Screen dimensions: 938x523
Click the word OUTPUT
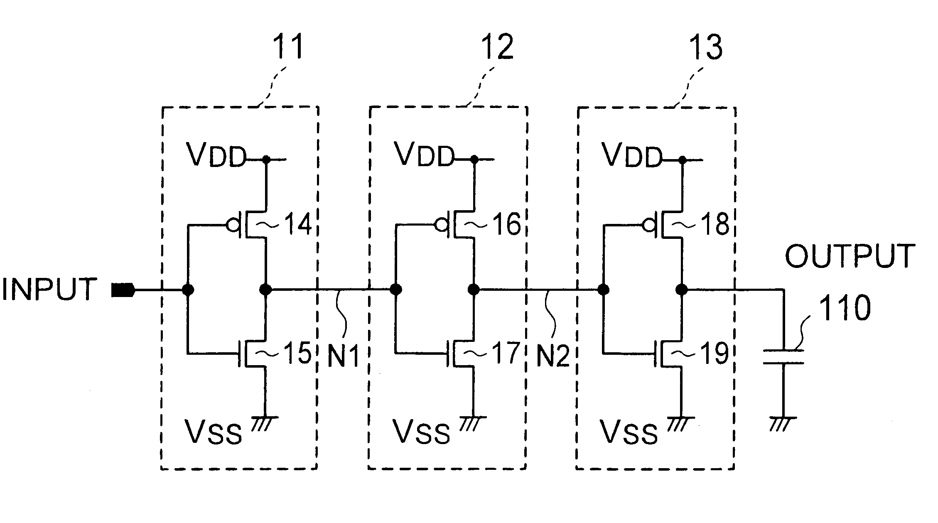850,256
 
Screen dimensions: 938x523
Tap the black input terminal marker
123,290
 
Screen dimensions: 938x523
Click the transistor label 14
297,224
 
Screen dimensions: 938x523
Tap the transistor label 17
506,353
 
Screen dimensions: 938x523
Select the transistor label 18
715,224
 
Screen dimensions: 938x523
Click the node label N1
343,355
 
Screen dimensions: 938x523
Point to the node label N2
552,355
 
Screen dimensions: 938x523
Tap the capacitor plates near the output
783,357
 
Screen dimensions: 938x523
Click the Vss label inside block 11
214,432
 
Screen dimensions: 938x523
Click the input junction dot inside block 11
188,289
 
